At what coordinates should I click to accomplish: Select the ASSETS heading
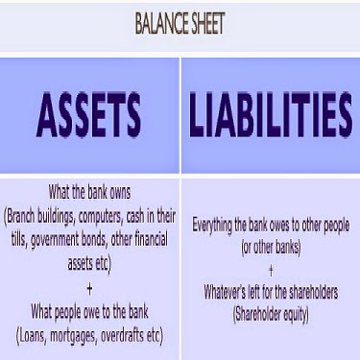[89, 116]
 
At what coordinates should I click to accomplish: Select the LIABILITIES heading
[270, 116]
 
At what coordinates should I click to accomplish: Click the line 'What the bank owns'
[90, 191]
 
